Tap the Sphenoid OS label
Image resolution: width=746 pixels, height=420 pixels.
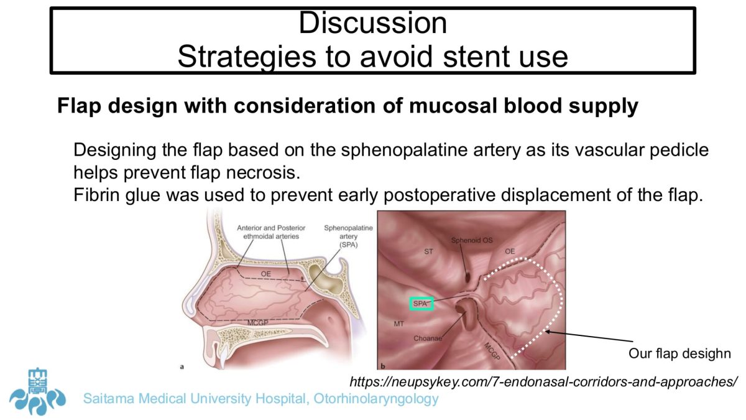pos(472,240)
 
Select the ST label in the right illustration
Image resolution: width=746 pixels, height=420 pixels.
pos(428,251)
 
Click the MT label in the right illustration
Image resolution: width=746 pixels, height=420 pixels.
pos(398,324)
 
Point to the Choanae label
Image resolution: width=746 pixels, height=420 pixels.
pos(428,338)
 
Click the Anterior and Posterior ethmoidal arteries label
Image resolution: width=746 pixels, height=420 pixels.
pos(271,232)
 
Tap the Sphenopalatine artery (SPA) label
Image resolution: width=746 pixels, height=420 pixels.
pos(348,236)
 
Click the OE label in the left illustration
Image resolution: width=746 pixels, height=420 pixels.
pos(266,274)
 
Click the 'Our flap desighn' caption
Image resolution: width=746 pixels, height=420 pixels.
pos(679,353)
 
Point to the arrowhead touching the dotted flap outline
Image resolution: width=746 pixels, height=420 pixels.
pos(547,331)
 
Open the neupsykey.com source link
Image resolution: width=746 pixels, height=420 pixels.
pos(543,381)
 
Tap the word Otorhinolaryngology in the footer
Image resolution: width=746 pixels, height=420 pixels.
pos(376,399)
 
